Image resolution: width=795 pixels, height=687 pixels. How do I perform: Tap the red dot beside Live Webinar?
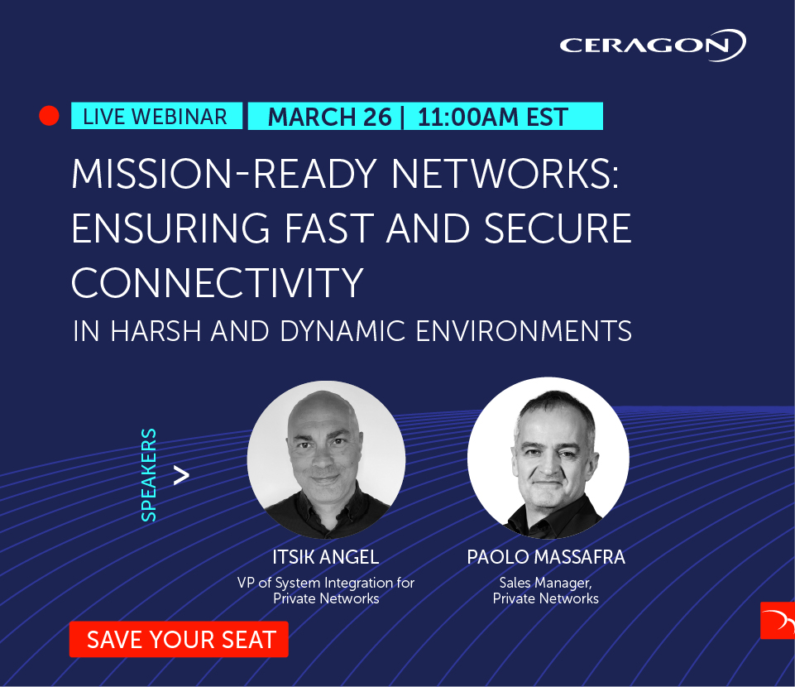50,117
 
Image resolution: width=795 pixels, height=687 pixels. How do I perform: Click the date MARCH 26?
329,117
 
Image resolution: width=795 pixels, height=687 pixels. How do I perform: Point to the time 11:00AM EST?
492,117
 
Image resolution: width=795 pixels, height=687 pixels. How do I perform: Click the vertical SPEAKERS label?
149,475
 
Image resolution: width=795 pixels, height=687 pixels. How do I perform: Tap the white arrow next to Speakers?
181,475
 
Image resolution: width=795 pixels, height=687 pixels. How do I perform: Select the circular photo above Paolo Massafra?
548,458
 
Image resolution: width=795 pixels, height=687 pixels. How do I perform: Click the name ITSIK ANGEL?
325,557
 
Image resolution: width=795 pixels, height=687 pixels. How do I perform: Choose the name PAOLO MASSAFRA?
546,557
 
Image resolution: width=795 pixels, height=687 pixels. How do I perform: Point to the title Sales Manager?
545,583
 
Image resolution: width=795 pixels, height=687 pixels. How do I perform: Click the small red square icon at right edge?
777,621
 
